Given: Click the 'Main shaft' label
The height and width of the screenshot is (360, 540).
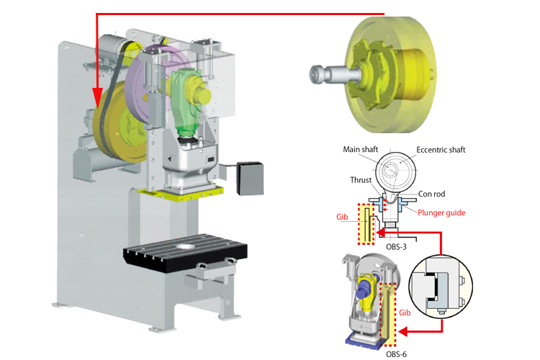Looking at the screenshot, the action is (360, 149).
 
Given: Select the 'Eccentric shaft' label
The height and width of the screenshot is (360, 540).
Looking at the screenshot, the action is (441, 150).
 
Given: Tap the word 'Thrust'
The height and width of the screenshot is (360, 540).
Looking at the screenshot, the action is (361, 180).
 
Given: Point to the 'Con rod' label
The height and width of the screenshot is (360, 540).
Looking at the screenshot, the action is (431, 194).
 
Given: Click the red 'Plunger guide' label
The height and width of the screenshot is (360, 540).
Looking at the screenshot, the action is (441, 213).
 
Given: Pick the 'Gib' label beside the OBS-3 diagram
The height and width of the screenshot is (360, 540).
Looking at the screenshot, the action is (342, 217).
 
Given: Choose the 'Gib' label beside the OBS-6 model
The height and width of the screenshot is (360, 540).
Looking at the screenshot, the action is (405, 312).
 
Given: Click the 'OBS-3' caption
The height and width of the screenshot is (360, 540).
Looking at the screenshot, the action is (396, 247).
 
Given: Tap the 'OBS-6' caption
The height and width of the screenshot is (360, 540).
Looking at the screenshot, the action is (396, 354).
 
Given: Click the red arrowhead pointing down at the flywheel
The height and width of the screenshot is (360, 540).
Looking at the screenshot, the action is (97, 98).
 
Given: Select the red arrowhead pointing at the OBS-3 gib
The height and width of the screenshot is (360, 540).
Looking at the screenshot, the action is (381, 233).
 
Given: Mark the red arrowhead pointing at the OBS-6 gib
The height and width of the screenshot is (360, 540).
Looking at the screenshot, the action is (402, 332).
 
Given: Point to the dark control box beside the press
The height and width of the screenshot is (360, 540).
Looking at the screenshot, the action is (250, 179).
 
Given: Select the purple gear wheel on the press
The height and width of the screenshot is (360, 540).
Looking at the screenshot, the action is (151, 83).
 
